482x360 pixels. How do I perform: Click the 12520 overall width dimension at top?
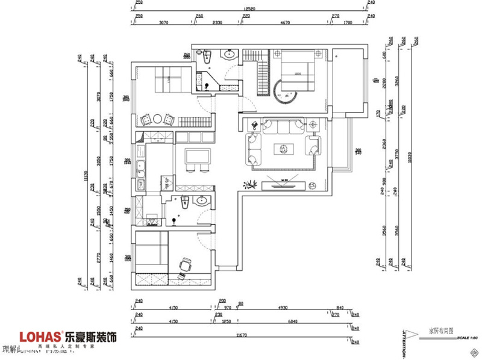point(251,8)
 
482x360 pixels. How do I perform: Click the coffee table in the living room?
point(283,148)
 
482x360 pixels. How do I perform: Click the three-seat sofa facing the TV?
point(281,126)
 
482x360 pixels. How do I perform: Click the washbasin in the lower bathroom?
point(202,202)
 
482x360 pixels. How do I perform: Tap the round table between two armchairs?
point(155,119)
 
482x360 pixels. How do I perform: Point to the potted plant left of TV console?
point(251,184)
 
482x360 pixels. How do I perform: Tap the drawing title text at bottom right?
point(441,331)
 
